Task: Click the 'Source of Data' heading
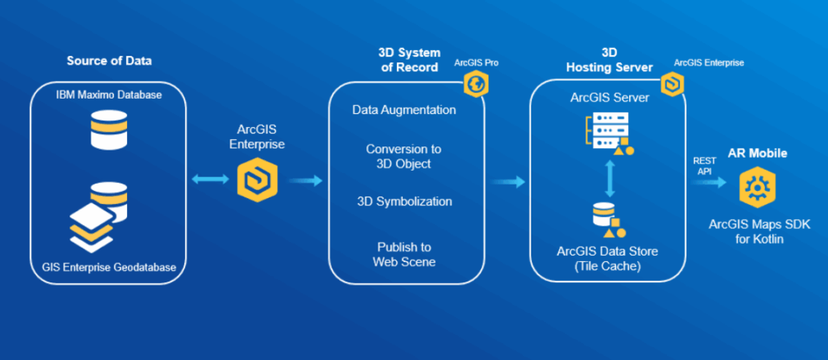coord(109,61)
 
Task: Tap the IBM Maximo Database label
coord(109,95)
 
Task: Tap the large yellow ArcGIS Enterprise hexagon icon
coord(257,180)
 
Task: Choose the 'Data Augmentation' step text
coord(404,109)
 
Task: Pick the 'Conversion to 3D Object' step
coord(404,156)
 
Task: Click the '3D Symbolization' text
coord(404,201)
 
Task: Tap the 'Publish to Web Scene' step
coord(404,254)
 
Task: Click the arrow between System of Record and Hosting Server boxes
coord(508,182)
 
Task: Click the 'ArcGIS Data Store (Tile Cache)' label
coord(607,258)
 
